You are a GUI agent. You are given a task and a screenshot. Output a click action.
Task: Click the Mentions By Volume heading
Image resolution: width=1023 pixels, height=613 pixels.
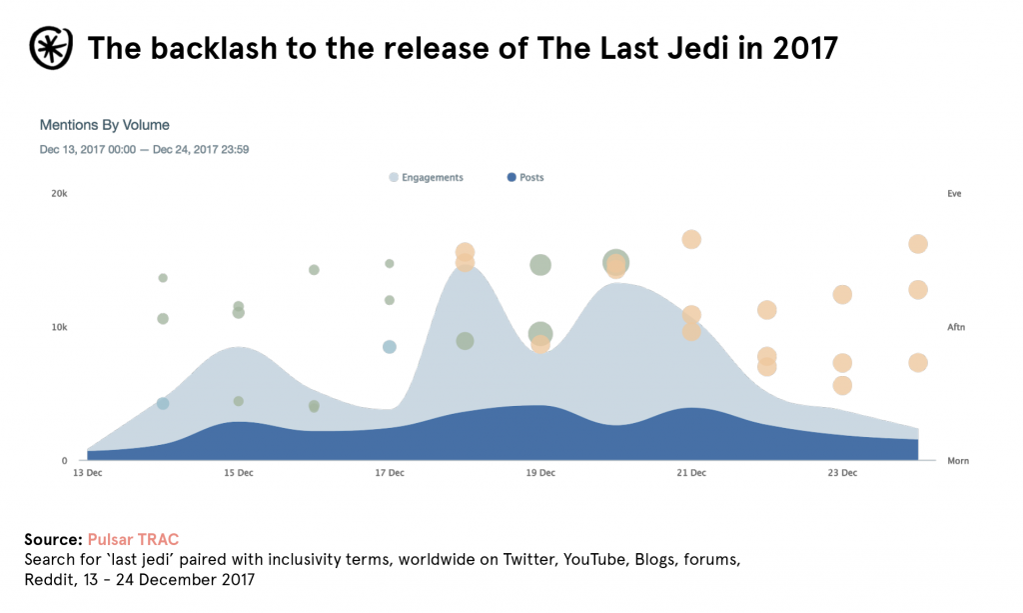(x=105, y=125)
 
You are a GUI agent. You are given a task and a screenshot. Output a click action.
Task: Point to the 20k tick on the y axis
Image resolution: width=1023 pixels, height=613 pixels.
(x=59, y=194)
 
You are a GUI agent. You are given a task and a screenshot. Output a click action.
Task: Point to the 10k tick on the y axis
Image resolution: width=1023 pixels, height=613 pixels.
(x=59, y=327)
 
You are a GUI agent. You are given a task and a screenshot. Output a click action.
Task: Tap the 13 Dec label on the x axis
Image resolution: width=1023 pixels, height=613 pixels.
(x=88, y=473)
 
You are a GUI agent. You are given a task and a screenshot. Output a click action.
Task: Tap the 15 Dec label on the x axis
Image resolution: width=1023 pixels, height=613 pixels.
(x=239, y=473)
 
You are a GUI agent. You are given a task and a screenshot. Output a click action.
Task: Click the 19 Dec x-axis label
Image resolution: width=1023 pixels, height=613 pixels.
(x=540, y=473)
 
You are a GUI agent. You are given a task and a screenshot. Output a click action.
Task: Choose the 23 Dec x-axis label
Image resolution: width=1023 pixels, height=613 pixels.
(x=842, y=473)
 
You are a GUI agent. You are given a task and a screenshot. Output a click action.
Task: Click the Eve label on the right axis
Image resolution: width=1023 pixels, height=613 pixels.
(x=954, y=194)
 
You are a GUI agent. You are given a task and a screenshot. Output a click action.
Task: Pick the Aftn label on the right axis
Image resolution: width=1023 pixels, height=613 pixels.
(x=956, y=327)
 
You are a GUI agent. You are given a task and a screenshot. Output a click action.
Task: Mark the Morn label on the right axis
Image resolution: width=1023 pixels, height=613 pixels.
(x=957, y=461)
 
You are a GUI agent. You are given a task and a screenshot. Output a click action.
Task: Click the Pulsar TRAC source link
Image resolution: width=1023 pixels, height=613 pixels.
(x=133, y=540)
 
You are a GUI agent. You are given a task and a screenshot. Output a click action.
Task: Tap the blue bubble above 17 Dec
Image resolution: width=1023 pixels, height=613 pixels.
(x=390, y=347)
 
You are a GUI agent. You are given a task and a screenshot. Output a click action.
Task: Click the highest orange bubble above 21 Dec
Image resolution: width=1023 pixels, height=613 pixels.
(x=691, y=239)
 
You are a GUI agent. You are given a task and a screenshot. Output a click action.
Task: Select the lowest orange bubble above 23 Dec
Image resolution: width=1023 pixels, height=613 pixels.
(x=842, y=385)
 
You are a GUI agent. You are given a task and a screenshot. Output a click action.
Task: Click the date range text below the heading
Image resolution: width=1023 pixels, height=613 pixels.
(x=144, y=150)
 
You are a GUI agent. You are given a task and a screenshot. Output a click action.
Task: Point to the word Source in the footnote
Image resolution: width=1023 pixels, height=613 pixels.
(x=52, y=540)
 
